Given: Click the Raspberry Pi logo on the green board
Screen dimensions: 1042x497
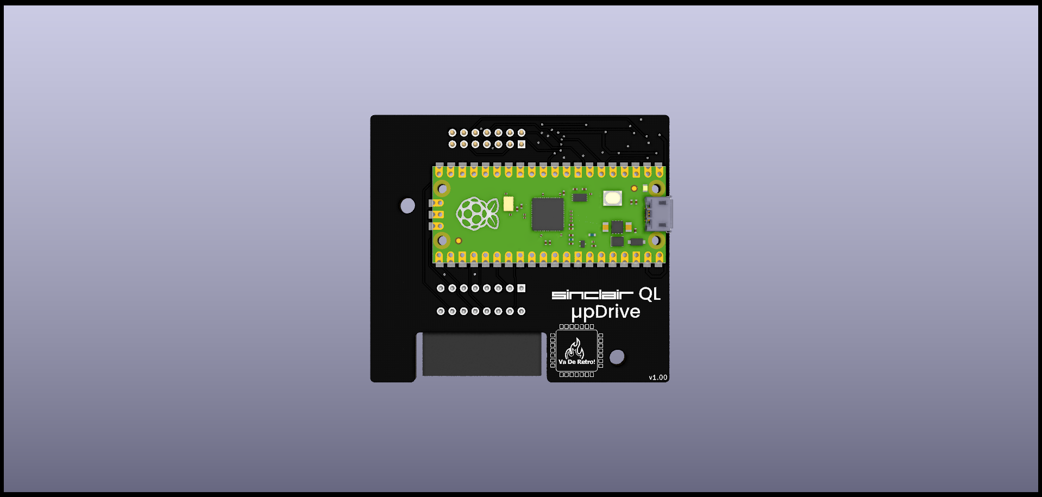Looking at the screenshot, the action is pos(478,213).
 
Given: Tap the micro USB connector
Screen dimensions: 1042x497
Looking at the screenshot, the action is pos(659,214).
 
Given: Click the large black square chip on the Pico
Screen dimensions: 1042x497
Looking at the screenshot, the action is pos(548,214).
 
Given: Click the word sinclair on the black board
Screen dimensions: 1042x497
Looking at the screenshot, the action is pos(592,294).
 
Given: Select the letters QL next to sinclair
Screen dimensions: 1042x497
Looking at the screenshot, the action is pos(650,294).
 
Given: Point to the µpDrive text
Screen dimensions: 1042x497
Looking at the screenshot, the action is pos(606,312).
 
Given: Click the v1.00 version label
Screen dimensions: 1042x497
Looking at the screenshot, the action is pos(658,378).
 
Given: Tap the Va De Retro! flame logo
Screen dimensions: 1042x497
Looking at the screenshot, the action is pos(576,351).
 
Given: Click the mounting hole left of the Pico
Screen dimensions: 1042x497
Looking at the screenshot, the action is pos(407,206).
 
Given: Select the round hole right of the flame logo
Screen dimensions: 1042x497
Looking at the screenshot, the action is pos(617,357).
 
